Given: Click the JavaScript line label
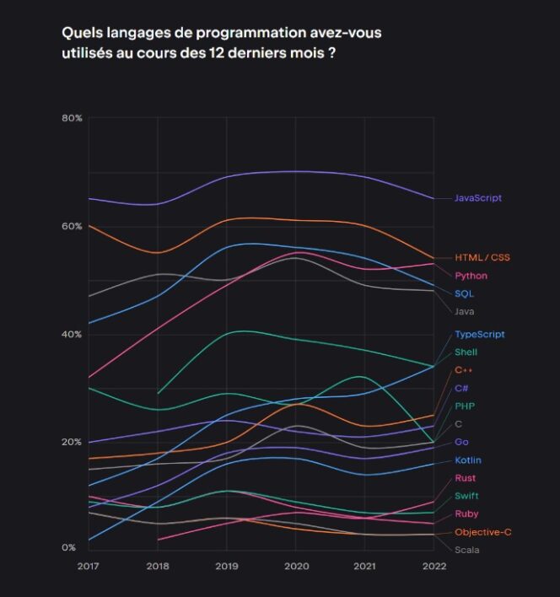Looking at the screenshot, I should pyautogui.click(x=478, y=198).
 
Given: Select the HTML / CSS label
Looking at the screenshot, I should pyautogui.click(x=482, y=257).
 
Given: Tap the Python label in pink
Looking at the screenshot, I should pyautogui.click(x=471, y=276).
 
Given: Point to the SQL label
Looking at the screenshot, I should pyautogui.click(x=464, y=293).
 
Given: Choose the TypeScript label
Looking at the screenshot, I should pyautogui.click(x=480, y=335).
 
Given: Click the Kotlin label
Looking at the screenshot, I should pyautogui.click(x=468, y=460).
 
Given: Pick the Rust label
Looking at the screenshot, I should pyautogui.click(x=465, y=478).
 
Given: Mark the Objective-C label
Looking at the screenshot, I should pyautogui.click(x=482, y=532).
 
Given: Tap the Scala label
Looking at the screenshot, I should pyautogui.click(x=467, y=550).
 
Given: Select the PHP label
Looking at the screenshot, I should pyautogui.click(x=464, y=406).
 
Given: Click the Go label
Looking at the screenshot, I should pyautogui.click(x=461, y=442).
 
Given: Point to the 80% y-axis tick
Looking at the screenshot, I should pyautogui.click(x=72, y=118).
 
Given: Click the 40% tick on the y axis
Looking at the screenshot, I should pyautogui.click(x=72, y=335).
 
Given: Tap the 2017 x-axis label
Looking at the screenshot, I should pyautogui.click(x=88, y=567).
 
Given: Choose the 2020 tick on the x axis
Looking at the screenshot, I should pyautogui.click(x=294, y=567).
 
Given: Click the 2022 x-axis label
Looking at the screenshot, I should pyautogui.click(x=433, y=567).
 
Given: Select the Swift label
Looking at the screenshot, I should pyautogui.click(x=466, y=496).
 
